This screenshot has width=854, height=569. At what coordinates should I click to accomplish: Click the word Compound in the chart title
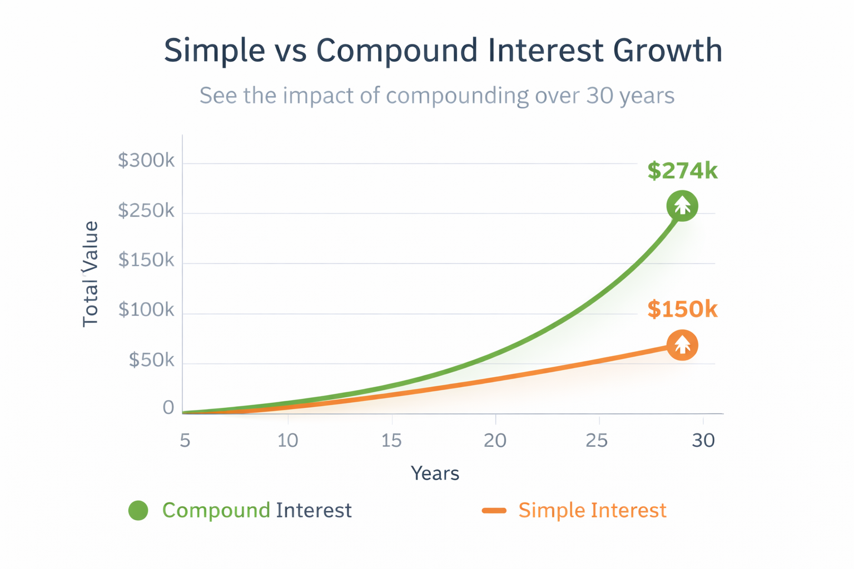396,51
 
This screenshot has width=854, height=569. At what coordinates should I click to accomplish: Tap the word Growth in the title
667,51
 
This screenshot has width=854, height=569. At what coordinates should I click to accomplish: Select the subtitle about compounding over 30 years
437,96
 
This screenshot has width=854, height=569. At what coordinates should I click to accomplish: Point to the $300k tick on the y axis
146,161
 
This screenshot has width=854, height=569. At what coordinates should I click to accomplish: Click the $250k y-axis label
146,211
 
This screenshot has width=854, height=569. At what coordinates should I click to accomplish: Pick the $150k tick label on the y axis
146,260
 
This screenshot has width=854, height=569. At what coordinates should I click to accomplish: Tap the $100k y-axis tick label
146,310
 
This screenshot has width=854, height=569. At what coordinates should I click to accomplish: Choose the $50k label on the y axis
151,360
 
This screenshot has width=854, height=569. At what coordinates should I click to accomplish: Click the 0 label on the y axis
168,408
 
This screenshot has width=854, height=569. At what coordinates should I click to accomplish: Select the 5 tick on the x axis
185,441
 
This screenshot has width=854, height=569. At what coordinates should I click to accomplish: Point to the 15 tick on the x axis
391,441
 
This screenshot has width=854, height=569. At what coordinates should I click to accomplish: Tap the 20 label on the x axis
495,441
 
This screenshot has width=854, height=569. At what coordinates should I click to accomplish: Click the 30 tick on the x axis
703,441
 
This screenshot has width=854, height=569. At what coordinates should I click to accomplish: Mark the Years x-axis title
435,473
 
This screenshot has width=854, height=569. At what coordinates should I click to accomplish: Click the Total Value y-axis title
90,274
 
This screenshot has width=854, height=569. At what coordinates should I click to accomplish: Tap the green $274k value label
682,171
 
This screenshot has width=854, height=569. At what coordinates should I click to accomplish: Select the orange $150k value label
682,309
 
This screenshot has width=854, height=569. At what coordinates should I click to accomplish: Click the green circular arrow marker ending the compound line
682,206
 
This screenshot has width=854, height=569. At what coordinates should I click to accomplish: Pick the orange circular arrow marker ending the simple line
682,345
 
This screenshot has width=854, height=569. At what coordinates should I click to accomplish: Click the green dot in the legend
138,510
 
